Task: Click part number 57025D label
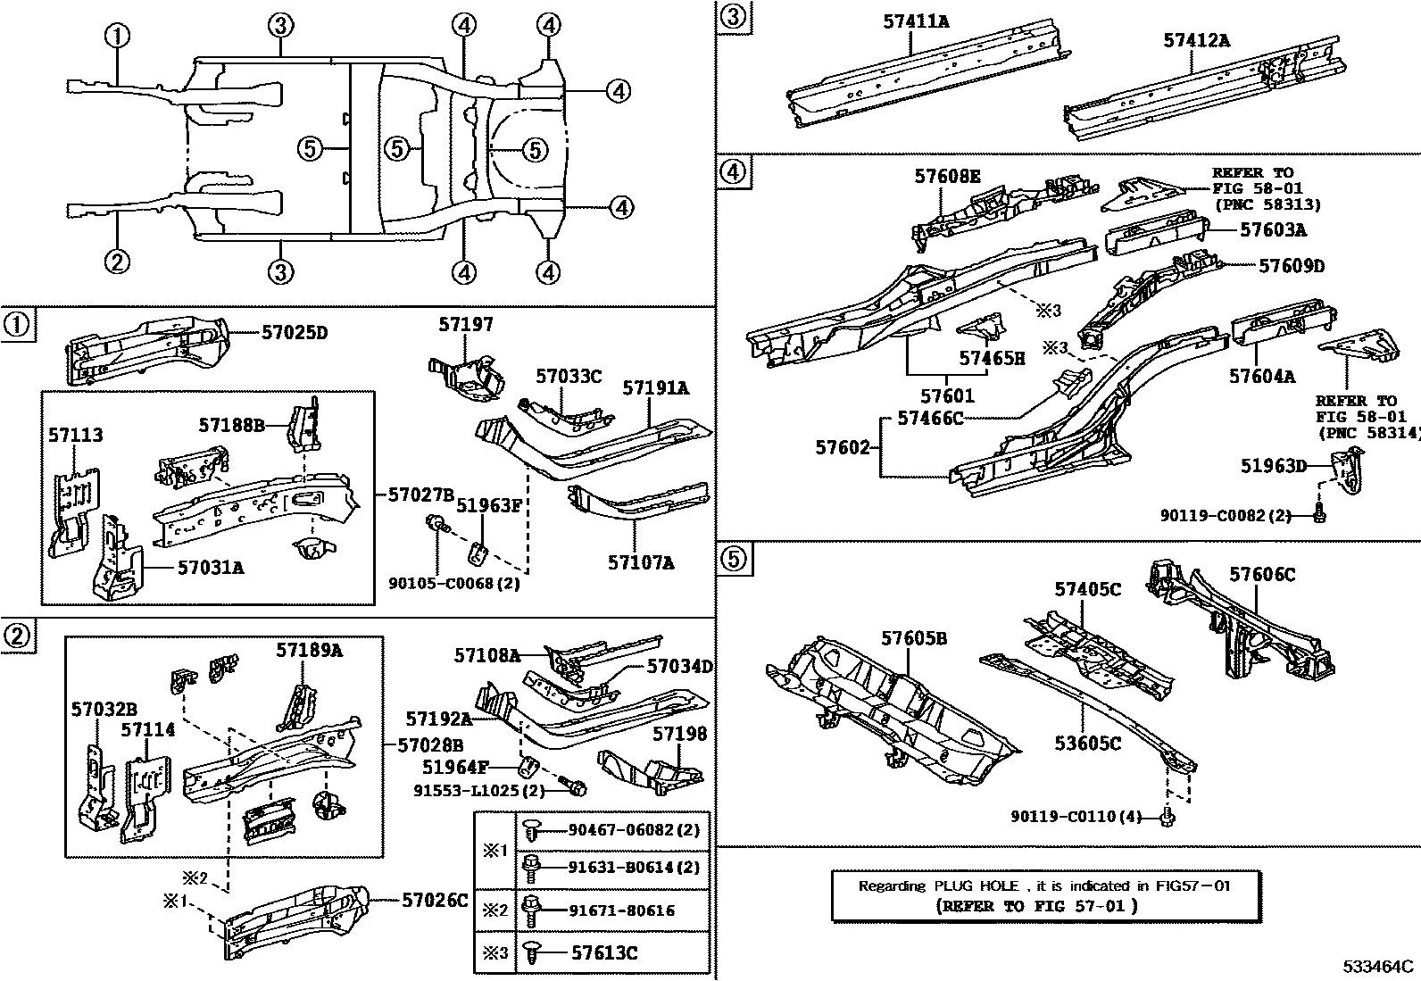[x=295, y=333]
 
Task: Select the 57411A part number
[x=917, y=20]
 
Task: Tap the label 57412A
[x=1196, y=39]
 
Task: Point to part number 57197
[x=465, y=325]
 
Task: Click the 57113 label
[x=75, y=436]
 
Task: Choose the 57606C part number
[x=1262, y=575]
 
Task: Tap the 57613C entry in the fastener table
[x=603, y=952]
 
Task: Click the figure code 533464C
[x=1380, y=967]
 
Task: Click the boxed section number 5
[x=731, y=559]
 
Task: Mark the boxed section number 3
[x=731, y=17]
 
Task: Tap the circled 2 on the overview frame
[x=117, y=262]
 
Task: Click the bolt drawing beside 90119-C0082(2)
[x=1319, y=513]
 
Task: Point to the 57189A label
[x=309, y=650]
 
